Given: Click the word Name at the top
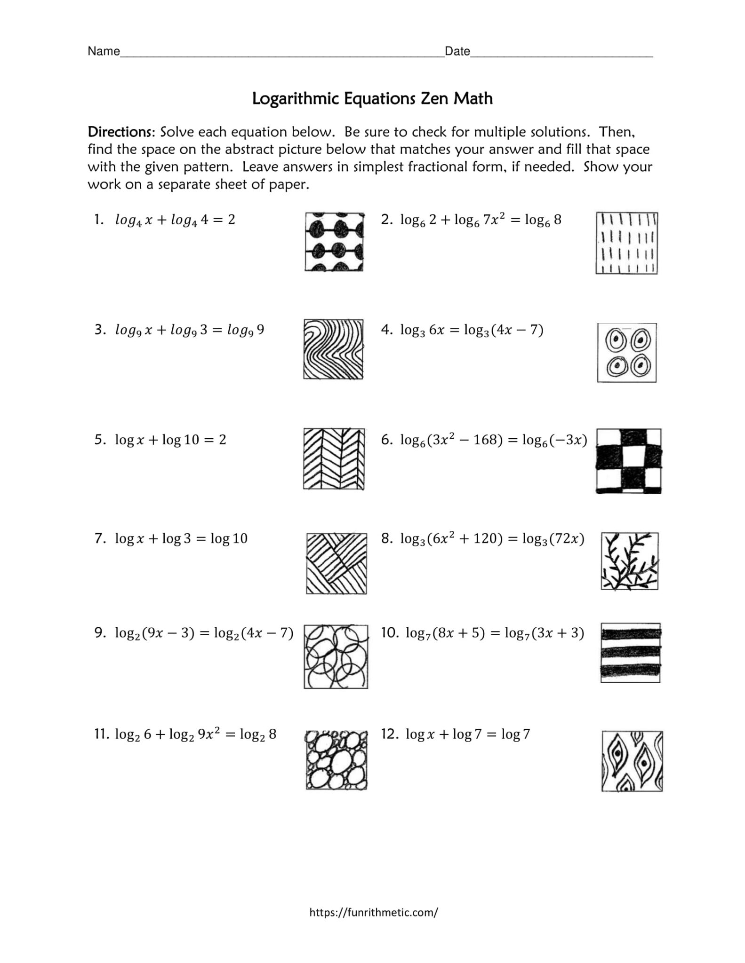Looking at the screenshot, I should [x=104, y=51].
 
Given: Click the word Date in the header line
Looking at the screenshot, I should [x=457, y=51].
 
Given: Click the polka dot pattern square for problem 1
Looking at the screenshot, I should [x=334, y=242].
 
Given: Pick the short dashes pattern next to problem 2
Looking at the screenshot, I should [x=626, y=243].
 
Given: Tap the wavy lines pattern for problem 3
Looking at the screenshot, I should [x=333, y=349].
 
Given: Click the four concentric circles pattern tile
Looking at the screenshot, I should [x=626, y=353].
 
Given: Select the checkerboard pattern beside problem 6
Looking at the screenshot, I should [x=628, y=461].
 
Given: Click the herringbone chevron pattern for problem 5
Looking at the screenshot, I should [x=334, y=459].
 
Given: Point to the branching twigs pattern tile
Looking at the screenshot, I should [x=629, y=561].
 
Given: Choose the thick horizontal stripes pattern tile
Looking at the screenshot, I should [x=630, y=653].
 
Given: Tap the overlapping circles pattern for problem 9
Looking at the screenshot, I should [x=336, y=656].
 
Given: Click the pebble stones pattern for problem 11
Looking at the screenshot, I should [x=336, y=760].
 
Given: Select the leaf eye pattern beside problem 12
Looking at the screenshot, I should [x=632, y=761].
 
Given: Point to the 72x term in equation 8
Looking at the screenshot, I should [x=566, y=539].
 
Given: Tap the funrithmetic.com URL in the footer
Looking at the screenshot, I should [x=374, y=913].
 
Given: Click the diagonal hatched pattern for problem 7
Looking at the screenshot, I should [x=336, y=563].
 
